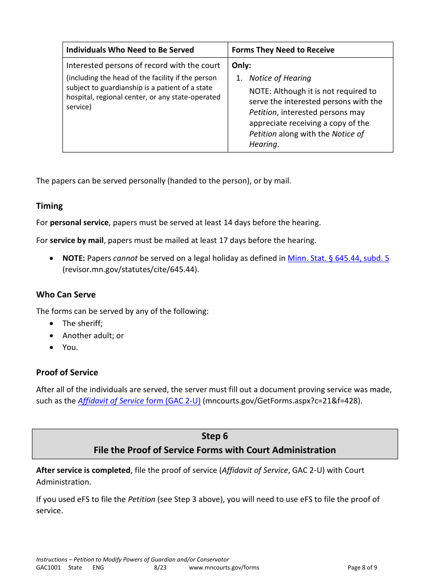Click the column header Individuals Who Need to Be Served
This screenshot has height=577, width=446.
coord(130,50)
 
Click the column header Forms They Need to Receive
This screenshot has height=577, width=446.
coord(283,50)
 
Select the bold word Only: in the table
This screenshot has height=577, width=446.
coord(241,66)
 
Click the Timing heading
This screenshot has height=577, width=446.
coord(49,206)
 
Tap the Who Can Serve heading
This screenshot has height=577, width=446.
coord(66,295)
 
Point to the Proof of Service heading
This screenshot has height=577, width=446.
coord(67,372)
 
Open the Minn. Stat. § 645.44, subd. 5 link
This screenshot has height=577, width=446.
coord(338,258)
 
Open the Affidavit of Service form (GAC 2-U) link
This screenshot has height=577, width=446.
coord(139,401)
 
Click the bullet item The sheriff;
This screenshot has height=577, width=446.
coord(82,323)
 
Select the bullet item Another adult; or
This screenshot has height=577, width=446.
coord(93,335)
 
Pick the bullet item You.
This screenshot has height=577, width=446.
coord(70,347)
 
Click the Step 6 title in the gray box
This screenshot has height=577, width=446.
coord(215,436)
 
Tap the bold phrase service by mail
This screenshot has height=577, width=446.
coord(77,240)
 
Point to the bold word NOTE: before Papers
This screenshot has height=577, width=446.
coord(74,258)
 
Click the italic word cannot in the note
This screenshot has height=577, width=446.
coord(125,258)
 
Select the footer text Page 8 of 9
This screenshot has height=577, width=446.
coord(362,567)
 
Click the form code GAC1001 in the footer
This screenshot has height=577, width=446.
coord(48,567)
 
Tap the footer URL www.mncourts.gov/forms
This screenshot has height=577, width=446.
coord(224,567)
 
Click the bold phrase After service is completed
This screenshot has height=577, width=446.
coord(83,470)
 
